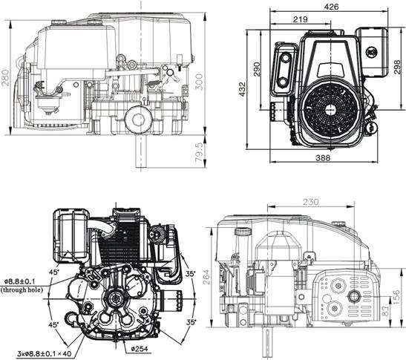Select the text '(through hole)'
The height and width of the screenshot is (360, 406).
pyautogui.click(x=24, y=290)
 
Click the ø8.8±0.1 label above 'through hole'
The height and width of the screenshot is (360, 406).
pyautogui.click(x=24, y=281)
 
